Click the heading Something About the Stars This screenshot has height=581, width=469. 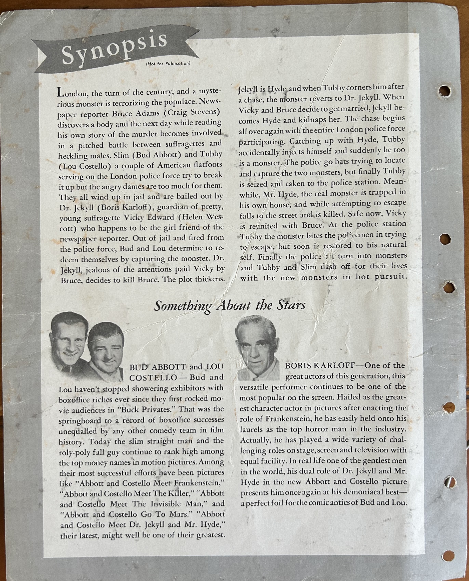coord(230,305)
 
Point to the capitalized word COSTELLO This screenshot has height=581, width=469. coord(153,377)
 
